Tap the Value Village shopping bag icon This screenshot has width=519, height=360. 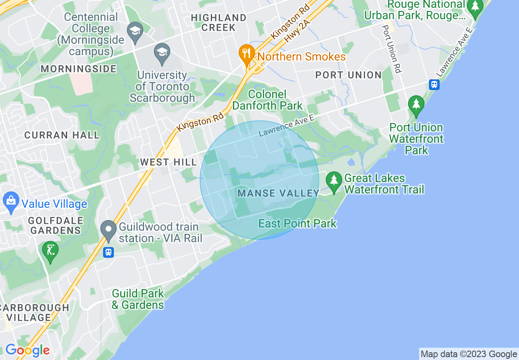(11, 201)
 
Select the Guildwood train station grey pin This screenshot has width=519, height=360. (109, 230)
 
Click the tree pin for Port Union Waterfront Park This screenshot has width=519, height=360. (416, 105)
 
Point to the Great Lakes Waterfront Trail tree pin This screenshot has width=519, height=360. (334, 181)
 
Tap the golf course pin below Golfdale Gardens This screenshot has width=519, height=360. (50, 250)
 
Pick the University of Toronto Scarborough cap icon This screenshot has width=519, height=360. (162, 53)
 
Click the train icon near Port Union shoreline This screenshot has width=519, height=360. (434, 85)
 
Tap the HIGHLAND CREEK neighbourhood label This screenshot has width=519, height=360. (219, 22)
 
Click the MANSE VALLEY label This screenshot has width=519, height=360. (278, 193)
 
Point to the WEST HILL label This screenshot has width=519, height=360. (169, 162)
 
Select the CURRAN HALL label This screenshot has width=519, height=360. (62, 135)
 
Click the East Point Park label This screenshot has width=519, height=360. (298, 223)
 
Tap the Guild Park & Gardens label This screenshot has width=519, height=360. (138, 299)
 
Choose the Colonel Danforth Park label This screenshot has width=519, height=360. (268, 100)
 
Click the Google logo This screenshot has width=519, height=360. (27, 351)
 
